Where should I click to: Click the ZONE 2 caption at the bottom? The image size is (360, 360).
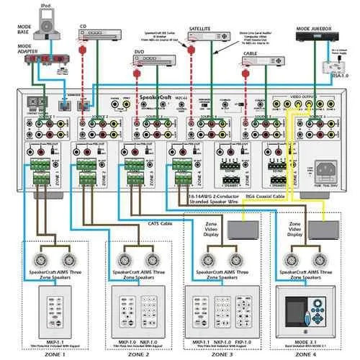pyautogui.click(x=137, y=354)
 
